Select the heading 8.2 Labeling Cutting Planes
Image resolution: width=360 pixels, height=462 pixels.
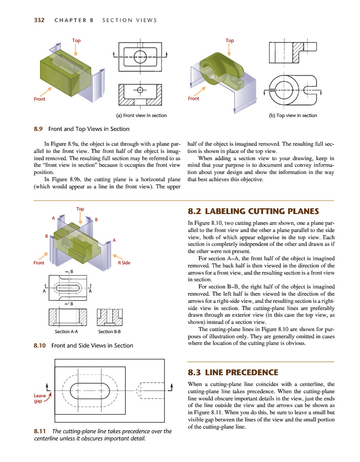(253, 211)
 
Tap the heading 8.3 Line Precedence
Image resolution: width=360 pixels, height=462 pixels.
(233, 372)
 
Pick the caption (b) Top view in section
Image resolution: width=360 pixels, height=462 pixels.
(293, 115)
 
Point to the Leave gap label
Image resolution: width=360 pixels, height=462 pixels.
(39, 398)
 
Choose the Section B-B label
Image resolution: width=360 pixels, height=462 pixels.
(109, 332)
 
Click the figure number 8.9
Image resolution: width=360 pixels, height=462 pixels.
(38, 129)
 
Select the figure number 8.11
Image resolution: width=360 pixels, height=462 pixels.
(38, 431)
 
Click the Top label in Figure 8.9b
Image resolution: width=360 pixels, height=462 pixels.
(229, 41)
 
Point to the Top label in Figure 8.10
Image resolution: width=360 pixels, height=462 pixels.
(80, 209)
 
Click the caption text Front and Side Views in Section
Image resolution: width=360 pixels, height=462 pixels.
(92, 345)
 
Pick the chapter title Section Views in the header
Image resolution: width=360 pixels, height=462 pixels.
(129, 21)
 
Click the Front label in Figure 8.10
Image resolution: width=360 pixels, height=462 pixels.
(38, 263)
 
